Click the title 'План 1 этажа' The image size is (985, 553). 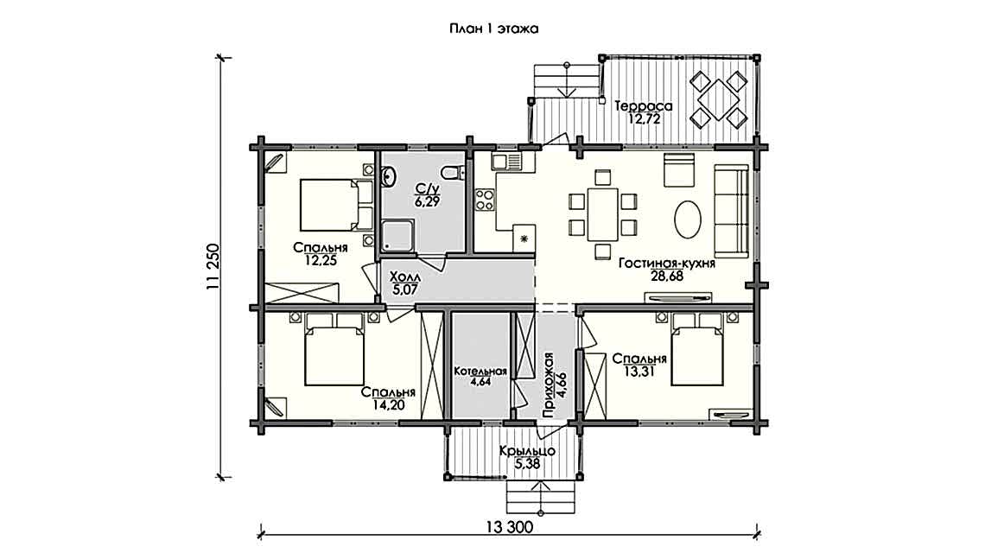492,29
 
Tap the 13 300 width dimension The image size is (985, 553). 505,528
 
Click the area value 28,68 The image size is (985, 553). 665,277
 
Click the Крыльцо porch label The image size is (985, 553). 526,451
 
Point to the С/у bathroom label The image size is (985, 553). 427,188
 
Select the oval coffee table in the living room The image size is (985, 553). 689,219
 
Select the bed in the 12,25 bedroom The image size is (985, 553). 328,205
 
